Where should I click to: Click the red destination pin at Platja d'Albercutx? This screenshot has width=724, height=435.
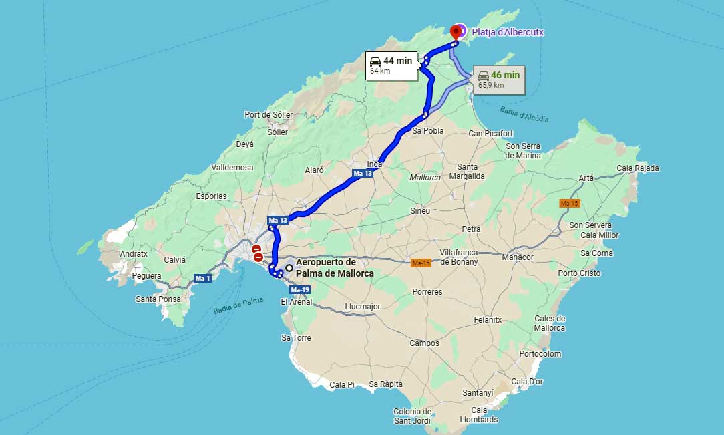pyautogui.click(x=457, y=31)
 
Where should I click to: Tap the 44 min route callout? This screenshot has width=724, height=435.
pyautogui.click(x=391, y=65)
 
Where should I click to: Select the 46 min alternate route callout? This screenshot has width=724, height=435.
pyautogui.click(x=498, y=79)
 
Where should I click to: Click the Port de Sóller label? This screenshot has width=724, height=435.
pyautogui.click(x=268, y=114)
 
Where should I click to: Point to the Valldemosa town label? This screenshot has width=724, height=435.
pyautogui.click(x=232, y=167)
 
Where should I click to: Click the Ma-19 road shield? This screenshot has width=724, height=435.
pyautogui.click(x=300, y=289)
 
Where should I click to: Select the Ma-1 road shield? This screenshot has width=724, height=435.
pyautogui.click(x=202, y=277)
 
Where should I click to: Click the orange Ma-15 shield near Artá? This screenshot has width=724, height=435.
pyautogui.click(x=570, y=203)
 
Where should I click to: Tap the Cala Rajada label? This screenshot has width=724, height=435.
pyautogui.click(x=638, y=168)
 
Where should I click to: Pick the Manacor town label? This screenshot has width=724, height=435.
pyautogui.click(x=518, y=257)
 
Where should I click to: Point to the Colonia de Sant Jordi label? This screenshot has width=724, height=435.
pyautogui.click(x=413, y=416)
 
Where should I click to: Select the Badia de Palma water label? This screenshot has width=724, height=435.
pyautogui.click(x=238, y=305)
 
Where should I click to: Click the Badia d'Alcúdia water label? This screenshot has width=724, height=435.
pyautogui.click(x=523, y=114)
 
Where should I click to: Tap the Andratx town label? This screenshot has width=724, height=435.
pyautogui.click(x=134, y=254)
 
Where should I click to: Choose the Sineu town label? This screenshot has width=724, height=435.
pyautogui.click(x=420, y=210)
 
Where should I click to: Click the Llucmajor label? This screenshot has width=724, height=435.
pyautogui.click(x=363, y=307)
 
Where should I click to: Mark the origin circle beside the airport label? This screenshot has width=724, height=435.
pyautogui.click(x=289, y=268)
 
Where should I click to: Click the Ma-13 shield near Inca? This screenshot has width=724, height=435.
pyautogui.click(x=363, y=174)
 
